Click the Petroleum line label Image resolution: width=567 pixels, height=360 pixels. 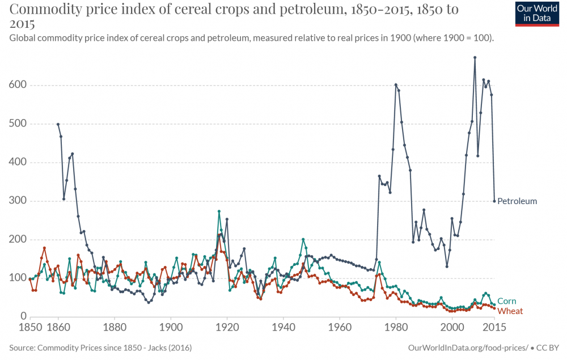517,201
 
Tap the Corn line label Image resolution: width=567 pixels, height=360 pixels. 506,301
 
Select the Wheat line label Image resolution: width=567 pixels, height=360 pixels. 510,311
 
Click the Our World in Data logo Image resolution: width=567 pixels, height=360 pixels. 536,14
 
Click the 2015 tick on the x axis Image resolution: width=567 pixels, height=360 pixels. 494,327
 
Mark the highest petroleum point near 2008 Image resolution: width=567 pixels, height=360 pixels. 475,57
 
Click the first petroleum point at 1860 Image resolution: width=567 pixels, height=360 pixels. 58,124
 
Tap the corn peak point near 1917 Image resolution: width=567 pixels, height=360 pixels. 219,211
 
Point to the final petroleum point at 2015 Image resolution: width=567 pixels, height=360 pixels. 494,201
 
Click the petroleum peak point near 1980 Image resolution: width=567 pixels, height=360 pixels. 396,85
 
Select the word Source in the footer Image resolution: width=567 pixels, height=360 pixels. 22,346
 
